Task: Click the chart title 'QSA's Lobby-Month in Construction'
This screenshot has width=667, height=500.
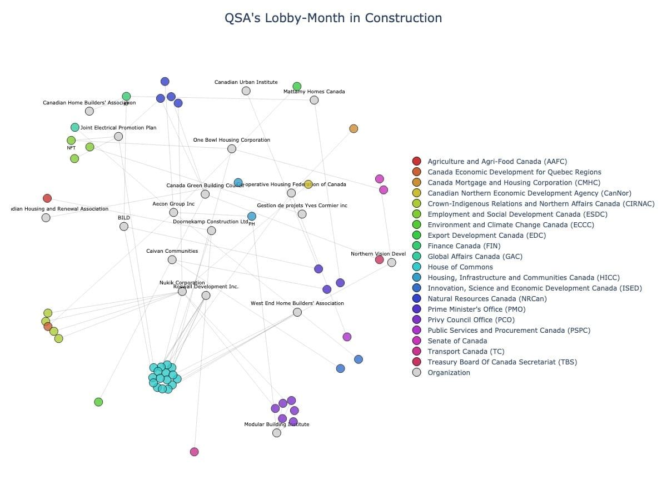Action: point(333,18)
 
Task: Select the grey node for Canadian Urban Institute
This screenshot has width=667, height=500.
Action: point(246,91)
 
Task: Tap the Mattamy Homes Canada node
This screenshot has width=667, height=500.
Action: point(314,100)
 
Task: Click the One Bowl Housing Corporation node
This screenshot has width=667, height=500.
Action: point(232,148)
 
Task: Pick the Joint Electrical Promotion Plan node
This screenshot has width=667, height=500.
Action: point(118,136)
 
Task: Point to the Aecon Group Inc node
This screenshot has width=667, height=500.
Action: point(173,212)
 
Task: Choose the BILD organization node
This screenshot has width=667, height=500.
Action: point(124,226)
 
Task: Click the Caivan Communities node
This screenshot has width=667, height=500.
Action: point(172,259)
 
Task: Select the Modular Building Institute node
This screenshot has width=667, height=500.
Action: point(277,433)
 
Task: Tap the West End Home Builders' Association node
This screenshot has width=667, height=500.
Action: point(297,312)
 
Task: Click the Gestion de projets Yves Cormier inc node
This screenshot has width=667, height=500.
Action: point(302,214)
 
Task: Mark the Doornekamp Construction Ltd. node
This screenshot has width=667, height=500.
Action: point(211,231)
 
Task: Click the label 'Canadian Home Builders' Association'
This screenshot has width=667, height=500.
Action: point(89,103)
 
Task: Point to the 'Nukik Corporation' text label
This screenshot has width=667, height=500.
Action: point(182,283)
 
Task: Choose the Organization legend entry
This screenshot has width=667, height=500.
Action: point(449,373)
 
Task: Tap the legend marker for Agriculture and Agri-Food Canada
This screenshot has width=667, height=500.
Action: point(417,162)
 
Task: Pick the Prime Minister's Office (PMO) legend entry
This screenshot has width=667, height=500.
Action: point(476,309)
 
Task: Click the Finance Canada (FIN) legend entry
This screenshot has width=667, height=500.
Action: point(464,246)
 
